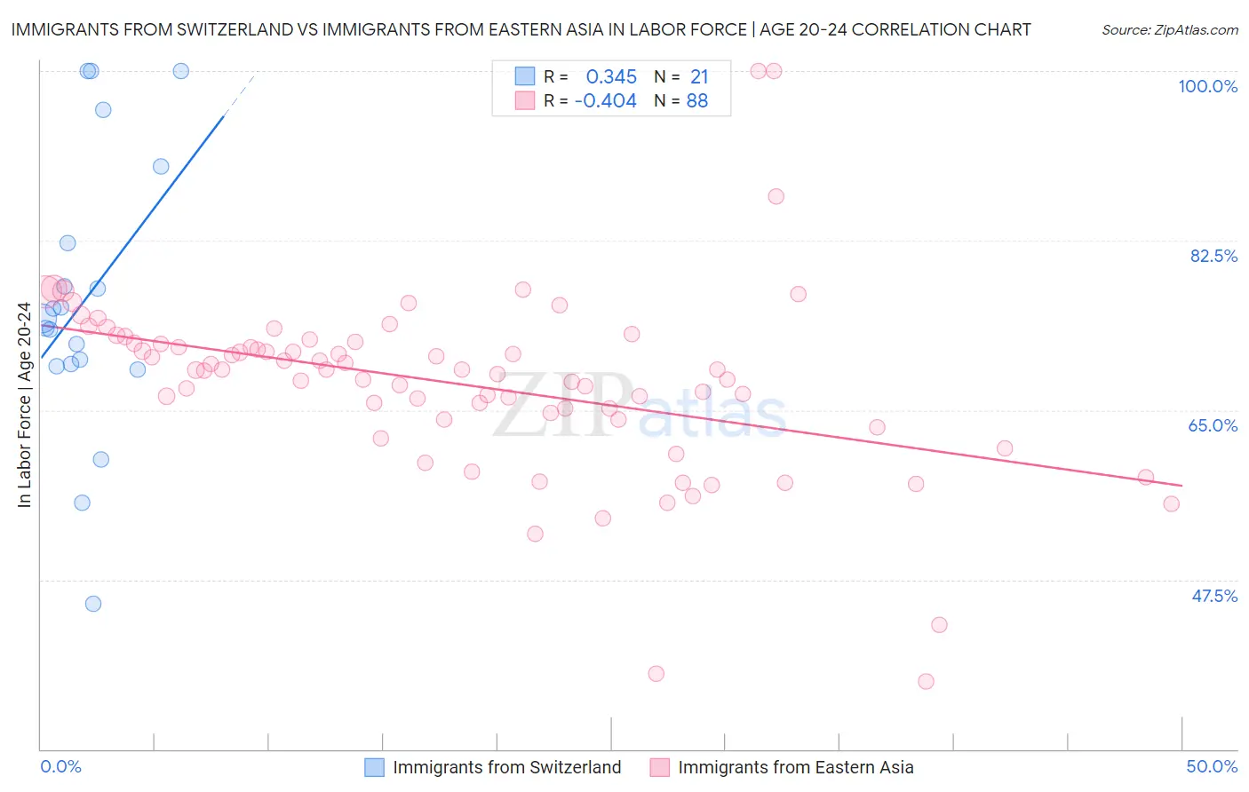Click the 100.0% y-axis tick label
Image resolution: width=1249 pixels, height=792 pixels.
click(1207, 86)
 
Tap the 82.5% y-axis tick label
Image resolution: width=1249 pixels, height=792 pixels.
click(1213, 256)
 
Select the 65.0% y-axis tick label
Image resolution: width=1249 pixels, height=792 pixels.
click(1213, 425)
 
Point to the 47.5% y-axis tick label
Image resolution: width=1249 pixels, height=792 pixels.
click(1214, 596)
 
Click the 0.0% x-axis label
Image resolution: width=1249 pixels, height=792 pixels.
click(60, 766)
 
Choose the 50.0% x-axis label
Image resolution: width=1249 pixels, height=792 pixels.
click(1212, 766)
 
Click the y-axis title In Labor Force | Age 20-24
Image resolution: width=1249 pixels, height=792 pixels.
click(24, 405)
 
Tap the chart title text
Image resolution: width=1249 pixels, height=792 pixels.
click(521, 29)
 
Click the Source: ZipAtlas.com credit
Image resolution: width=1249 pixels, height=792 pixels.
click(1169, 30)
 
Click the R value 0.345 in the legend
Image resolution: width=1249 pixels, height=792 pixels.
click(611, 76)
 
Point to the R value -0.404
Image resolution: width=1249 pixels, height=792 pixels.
click(606, 101)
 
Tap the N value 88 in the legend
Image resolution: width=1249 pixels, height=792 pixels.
click(697, 101)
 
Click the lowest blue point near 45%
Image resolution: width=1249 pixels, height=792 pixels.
click(93, 604)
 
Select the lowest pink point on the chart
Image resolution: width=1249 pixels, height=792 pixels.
click(926, 682)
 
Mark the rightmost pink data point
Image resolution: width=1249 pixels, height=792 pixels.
click(1172, 504)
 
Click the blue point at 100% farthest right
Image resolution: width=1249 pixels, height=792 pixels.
click(181, 71)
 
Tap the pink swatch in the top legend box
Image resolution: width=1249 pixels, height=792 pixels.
click(525, 101)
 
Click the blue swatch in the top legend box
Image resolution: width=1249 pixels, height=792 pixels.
click(525, 76)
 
